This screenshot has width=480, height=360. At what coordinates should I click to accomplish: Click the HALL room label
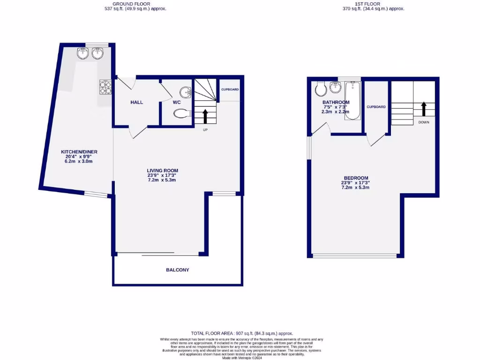coord(137,102)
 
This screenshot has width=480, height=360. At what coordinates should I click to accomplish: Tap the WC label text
coord(177,102)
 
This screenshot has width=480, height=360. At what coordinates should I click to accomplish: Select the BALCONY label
coord(178,270)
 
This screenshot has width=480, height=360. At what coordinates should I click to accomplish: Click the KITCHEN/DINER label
coord(79,152)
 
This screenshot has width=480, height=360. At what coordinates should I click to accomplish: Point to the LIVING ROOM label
coord(162,171)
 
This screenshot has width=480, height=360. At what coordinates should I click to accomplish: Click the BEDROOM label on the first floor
coord(356,178)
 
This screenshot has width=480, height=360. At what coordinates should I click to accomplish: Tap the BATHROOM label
coord(336,103)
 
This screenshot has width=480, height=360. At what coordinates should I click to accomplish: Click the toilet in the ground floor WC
coord(181,113)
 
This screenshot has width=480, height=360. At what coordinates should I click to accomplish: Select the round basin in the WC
coord(187,92)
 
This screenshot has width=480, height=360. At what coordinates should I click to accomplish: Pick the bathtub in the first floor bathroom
coord(353,100)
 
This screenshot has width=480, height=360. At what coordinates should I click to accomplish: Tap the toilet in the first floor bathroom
coord(321,88)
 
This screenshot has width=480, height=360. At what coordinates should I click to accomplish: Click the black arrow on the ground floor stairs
coord(205,116)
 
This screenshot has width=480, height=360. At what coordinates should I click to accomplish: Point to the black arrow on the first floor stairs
coord(424,109)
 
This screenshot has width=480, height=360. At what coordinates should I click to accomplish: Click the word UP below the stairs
coord(205,130)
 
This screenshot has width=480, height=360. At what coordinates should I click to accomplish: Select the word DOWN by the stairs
coord(424,122)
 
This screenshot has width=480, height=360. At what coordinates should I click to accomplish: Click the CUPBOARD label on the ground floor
coord(230,89)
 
